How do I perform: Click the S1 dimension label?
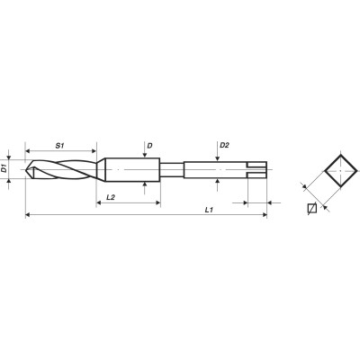(x=60, y=146)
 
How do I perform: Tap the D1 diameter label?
(x=4, y=169)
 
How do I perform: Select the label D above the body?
(x=149, y=146)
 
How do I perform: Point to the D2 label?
(x=224, y=145)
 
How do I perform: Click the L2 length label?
(x=111, y=197)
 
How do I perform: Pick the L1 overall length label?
(x=209, y=210)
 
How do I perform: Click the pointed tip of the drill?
(x=26, y=169)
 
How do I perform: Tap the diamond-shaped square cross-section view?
(x=341, y=171)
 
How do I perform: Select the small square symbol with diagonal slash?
(x=312, y=208)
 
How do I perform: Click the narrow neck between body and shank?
(x=172, y=170)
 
